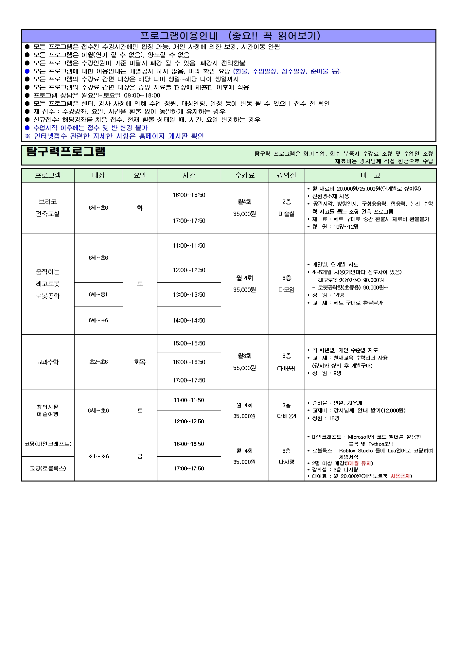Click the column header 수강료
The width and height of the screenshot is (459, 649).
(245, 175)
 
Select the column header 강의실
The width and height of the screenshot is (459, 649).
(286, 175)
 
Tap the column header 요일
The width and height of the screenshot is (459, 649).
(140, 175)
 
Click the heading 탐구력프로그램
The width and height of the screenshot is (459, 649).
(66, 152)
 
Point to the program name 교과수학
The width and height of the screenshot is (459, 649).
(48, 362)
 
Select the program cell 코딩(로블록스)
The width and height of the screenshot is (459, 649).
(48, 468)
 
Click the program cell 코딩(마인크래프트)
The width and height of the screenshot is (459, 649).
(48, 444)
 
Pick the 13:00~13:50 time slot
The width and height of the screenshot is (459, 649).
(189, 295)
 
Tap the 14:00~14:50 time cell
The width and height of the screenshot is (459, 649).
(189, 321)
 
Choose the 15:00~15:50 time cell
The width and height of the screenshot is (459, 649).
(189, 343)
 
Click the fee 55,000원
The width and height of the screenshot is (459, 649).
(245, 368)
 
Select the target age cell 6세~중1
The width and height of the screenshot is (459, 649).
(98, 294)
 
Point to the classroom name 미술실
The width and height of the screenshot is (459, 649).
(286, 214)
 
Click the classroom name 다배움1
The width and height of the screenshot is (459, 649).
(286, 368)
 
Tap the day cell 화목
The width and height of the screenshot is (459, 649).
(140, 362)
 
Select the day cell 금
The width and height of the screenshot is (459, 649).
(140, 456)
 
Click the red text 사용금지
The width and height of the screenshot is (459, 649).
(400, 476)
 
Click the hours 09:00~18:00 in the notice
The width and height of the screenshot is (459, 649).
(142, 96)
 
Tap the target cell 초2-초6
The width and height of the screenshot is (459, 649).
(98, 362)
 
